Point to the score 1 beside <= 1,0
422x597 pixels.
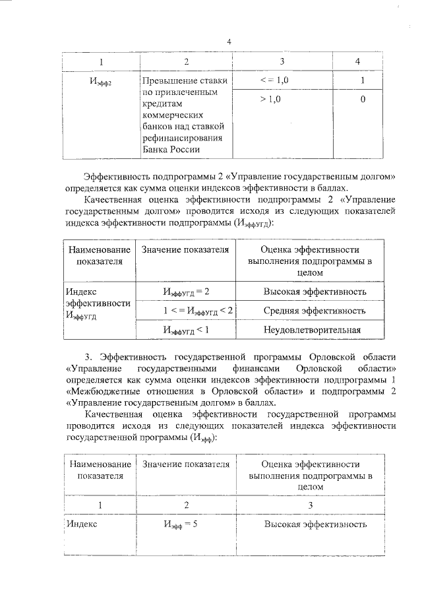coord(363,80)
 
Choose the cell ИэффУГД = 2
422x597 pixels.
coord(186,292)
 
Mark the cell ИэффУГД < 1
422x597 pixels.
coord(186,329)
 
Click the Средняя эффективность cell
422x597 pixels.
coord(315,310)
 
